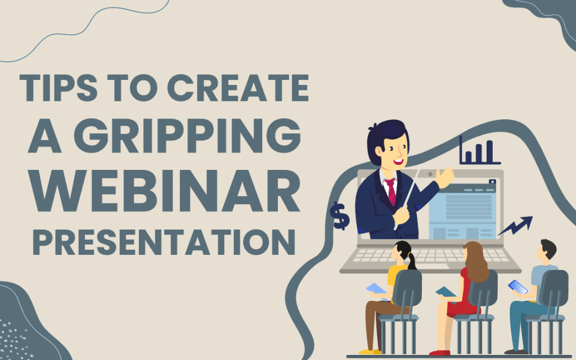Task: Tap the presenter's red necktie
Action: (x=391, y=191)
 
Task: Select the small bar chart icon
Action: (x=479, y=151)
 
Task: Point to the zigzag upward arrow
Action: (x=515, y=226)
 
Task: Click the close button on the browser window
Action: (x=493, y=181)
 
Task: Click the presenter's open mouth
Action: (x=399, y=161)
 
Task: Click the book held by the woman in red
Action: (x=445, y=291)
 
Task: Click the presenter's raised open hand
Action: (x=445, y=178)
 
